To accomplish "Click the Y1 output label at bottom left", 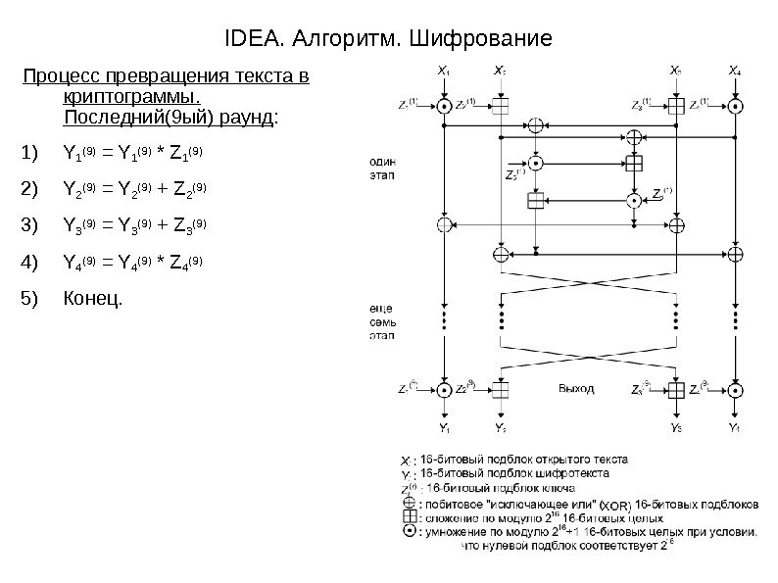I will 444,428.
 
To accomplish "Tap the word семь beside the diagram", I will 382,321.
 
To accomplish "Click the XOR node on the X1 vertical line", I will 445,224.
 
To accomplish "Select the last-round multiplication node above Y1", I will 445,389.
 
